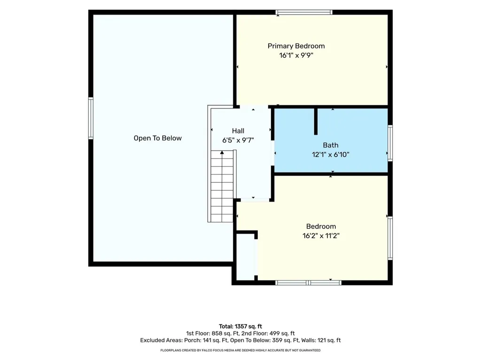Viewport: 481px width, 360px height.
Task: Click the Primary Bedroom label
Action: pyautogui.click(x=296, y=46)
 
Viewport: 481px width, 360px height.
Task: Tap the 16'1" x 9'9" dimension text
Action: pyautogui.click(x=296, y=55)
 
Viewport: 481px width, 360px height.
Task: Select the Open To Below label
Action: pyautogui.click(x=158, y=139)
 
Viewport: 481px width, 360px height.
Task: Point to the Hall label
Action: pyautogui.click(x=238, y=131)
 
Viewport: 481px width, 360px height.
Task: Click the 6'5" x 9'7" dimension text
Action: pyautogui.click(x=238, y=141)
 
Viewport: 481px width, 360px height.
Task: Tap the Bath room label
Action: pyautogui.click(x=331, y=145)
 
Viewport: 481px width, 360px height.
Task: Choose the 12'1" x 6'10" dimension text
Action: pyautogui.click(x=331, y=155)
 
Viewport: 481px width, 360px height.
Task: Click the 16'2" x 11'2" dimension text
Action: pyautogui.click(x=321, y=236)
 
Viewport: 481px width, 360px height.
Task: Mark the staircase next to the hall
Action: pyautogui.click(x=222, y=186)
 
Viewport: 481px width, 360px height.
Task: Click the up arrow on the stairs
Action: pyautogui.click(x=222, y=153)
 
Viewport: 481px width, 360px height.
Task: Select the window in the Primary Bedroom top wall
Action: pyautogui.click(x=304, y=12)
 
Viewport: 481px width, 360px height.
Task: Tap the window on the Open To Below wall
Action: pyautogui.click(x=91, y=118)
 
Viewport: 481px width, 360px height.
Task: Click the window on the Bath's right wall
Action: pyautogui.click(x=390, y=143)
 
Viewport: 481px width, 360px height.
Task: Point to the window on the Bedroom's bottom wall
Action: pyautogui.click(x=308, y=282)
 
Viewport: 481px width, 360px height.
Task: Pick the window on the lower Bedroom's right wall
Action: pyautogui.click(x=390, y=238)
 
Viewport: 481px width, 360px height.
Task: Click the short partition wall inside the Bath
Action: pyautogui.click(x=316, y=121)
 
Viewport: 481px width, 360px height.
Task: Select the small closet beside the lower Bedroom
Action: pyautogui.click(x=245, y=258)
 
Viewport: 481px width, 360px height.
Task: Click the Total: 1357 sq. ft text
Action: pyautogui.click(x=240, y=327)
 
